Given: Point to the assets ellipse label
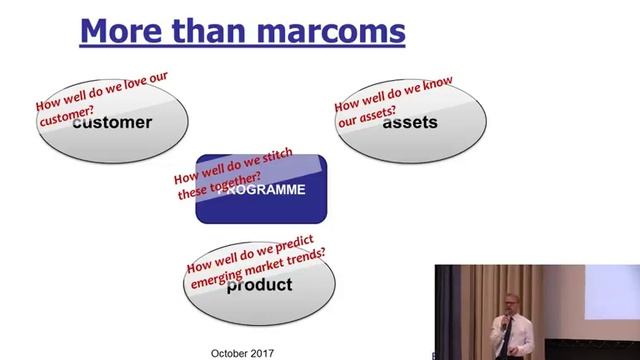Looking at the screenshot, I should click(410, 123).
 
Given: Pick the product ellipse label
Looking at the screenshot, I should click(259, 285).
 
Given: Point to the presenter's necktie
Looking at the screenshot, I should click(505, 334).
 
